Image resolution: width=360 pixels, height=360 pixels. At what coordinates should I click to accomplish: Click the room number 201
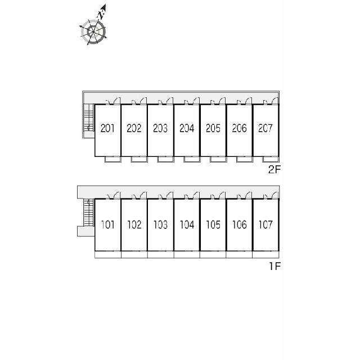107,128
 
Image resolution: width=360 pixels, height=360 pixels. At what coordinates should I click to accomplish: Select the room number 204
187,128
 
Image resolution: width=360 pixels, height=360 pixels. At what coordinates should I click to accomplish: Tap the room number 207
265,128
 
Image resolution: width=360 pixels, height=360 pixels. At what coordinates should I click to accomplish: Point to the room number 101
108,224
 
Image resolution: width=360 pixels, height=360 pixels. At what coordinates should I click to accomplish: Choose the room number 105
213,224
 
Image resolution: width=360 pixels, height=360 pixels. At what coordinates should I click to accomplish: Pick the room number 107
265,224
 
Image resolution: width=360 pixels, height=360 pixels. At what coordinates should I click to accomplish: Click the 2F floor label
274,169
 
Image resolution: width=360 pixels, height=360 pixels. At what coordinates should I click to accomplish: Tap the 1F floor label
275,266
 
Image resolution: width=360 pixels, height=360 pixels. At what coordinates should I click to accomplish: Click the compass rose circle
93,32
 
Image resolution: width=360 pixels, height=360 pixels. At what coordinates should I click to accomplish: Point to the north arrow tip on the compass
105,4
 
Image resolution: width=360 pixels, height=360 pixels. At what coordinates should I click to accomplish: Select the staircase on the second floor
89,118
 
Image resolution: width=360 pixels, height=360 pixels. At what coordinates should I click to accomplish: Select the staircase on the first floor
89,213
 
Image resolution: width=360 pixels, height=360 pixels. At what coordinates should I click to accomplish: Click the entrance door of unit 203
170,101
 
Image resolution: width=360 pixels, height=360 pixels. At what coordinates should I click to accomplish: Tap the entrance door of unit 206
249,101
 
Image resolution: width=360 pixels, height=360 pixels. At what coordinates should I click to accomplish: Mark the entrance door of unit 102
143,195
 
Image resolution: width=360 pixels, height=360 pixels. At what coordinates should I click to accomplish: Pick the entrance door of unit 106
249,195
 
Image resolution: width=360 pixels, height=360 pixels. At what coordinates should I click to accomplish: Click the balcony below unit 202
139,159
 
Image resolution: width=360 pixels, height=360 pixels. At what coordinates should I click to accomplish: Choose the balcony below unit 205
218,159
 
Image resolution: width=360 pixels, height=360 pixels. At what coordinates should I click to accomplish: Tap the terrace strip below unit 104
187,254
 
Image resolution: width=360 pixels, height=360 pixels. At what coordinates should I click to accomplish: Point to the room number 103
160,224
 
